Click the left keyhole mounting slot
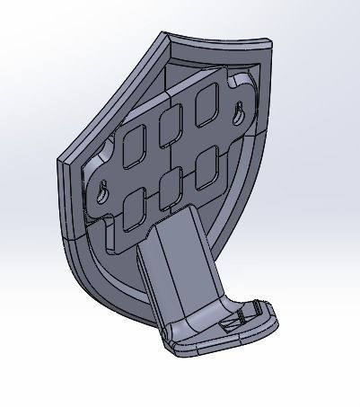pos(104,191)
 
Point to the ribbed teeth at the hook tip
pos(261,309)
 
